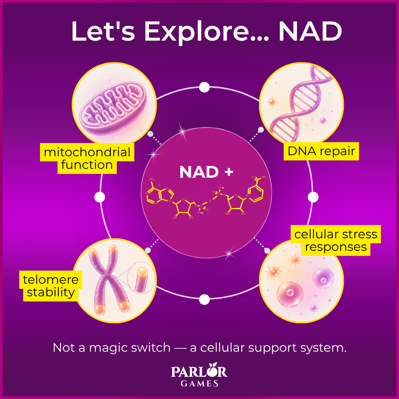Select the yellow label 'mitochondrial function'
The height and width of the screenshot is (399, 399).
coord(87,158)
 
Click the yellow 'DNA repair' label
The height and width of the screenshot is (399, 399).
coord(321,151)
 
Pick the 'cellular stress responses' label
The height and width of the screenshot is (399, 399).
coord(335,240)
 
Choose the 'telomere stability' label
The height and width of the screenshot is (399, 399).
coord(51,286)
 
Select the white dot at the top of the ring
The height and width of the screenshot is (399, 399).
coord(204,88)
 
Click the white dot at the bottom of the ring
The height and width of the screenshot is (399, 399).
coord(204,300)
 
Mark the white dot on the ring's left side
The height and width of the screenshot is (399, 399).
coord(100,197)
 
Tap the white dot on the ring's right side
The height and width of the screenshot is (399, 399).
coord(313,197)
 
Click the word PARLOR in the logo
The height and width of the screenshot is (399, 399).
coord(199,371)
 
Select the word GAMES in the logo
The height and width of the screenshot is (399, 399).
coord(199,383)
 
